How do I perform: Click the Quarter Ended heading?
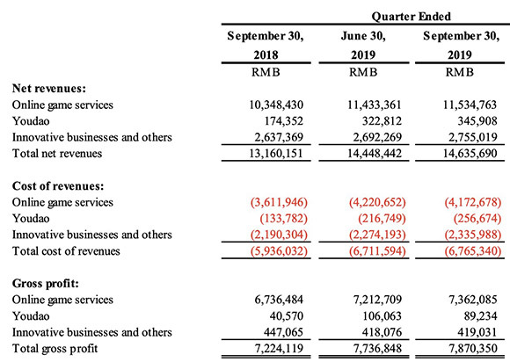(412, 16)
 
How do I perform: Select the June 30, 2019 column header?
(363, 45)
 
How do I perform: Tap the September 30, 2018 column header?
(266, 45)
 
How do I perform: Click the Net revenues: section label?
(49, 89)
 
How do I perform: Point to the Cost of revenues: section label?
(58, 186)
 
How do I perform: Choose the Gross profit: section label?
(46, 283)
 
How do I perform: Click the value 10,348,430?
(276, 105)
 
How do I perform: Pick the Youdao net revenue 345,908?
(477, 121)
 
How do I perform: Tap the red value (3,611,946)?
(279, 202)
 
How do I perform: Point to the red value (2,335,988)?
(473, 235)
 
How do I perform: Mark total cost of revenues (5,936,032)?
(279, 251)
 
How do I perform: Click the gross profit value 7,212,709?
(377, 300)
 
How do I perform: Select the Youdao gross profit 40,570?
(287, 316)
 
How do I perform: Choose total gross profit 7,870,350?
(473, 348)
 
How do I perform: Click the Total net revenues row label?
(57, 154)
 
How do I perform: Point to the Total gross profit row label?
(55, 348)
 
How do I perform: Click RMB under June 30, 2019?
(363, 72)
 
